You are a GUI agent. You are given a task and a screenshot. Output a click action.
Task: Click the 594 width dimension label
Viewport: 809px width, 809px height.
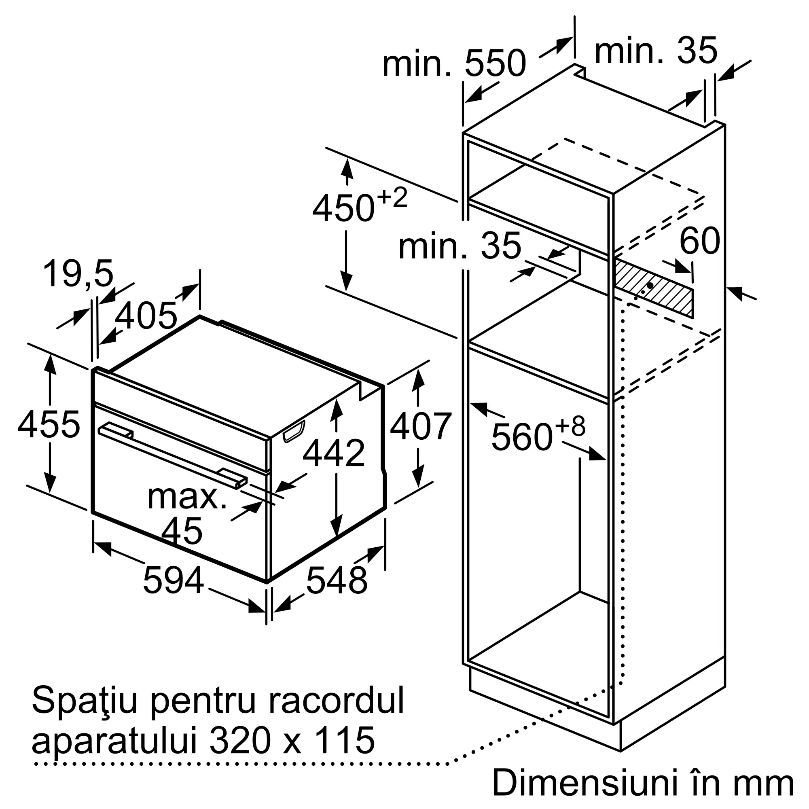[174, 580]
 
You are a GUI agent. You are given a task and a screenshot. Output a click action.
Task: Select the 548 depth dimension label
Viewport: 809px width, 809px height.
[337, 580]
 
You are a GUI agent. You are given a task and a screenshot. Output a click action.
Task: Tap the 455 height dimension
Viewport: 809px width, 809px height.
[49, 425]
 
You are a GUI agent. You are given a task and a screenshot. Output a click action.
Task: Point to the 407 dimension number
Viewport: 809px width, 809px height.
[420, 426]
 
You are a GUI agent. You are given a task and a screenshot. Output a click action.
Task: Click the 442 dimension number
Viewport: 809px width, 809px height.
[333, 453]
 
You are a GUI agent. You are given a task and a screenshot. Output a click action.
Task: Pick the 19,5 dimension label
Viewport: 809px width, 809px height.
[78, 273]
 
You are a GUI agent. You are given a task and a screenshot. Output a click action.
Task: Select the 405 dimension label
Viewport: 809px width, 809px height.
[146, 316]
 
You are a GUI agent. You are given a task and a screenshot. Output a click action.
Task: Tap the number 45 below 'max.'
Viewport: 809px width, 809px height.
[182, 531]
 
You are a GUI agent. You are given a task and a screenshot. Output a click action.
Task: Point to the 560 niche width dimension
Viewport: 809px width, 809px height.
[522, 437]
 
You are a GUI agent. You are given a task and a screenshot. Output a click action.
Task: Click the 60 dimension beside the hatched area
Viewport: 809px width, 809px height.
[699, 241]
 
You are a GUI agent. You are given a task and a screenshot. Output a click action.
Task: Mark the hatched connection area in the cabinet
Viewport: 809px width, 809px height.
[653, 288]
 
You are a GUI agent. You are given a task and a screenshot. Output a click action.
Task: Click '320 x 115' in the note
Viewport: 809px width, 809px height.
[292, 740]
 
